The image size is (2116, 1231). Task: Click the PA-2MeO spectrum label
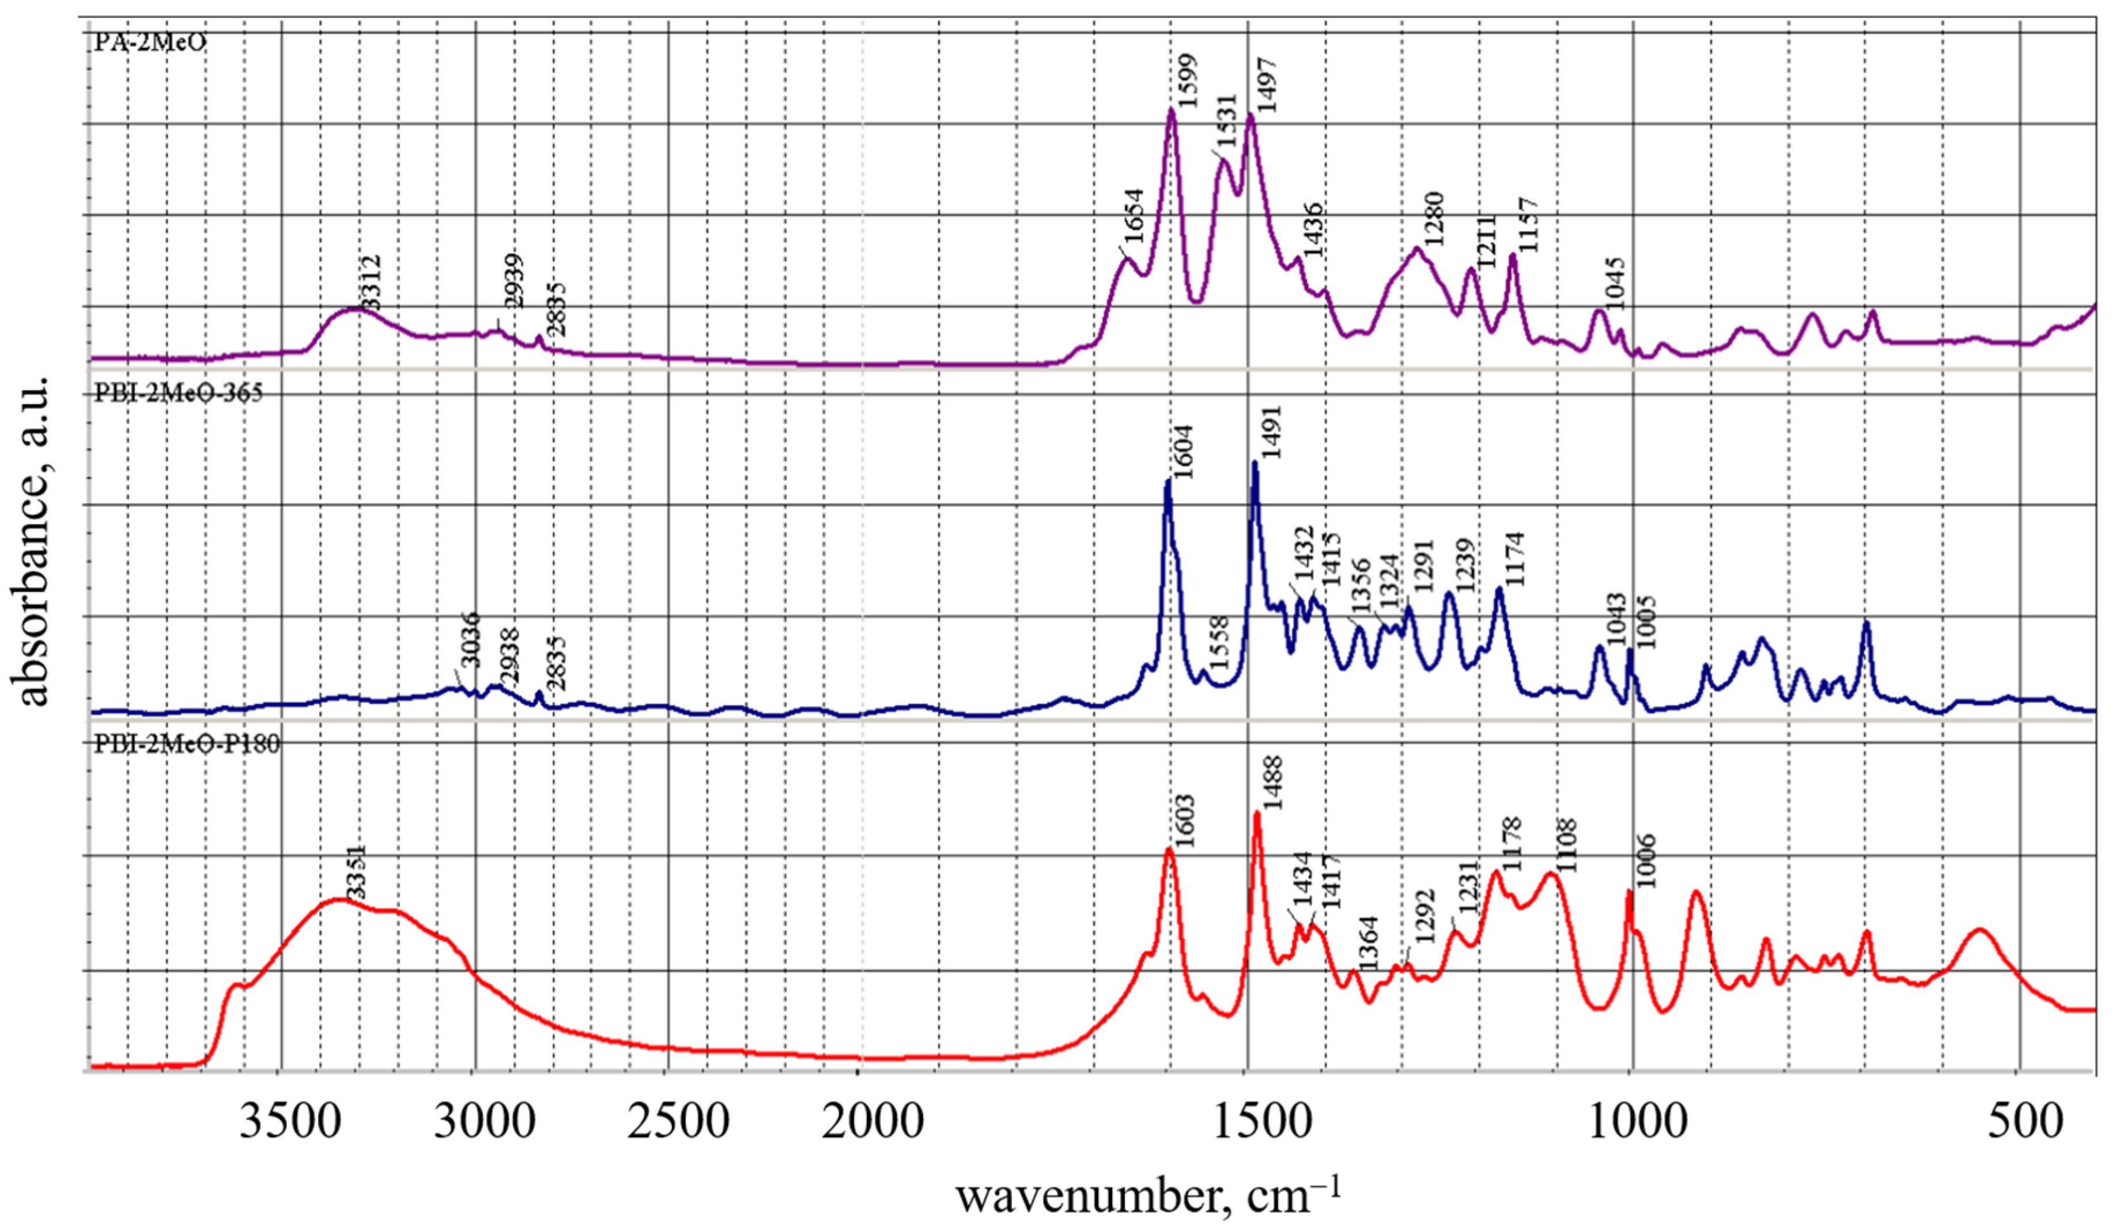[x=149, y=42]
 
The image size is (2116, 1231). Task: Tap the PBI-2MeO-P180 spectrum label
[x=186, y=744]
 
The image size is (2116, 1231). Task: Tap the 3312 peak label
[x=371, y=283]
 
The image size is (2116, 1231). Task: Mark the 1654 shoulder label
[x=1133, y=216]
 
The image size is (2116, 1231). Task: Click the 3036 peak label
[x=470, y=640]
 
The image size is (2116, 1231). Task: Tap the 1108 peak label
[x=1567, y=845]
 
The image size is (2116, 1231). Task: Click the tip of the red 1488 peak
[x=1257, y=812]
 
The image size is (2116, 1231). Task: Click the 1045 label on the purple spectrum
[x=1616, y=283]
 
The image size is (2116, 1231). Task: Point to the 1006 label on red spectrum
[x=1646, y=860]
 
